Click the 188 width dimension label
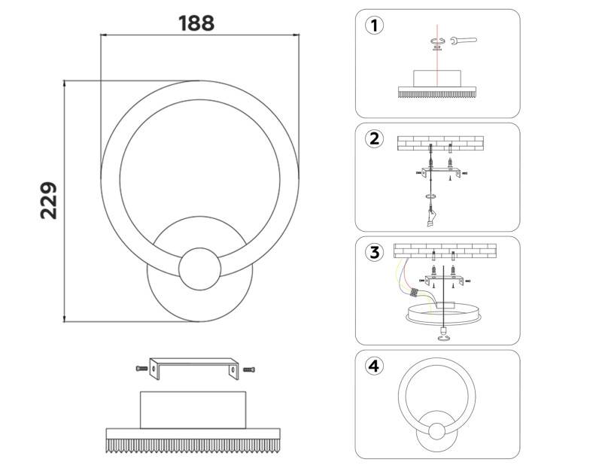pos(196,23)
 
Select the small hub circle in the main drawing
pos(200,268)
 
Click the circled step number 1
pos(374,26)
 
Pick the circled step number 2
pos(374,139)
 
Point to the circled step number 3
pos(374,252)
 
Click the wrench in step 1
pos(463,41)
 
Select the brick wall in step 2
pos(439,142)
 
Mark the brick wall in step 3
pos(439,251)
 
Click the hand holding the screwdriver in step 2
pos(430,217)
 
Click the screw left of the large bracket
pos(141,368)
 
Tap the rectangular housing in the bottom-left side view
pos(193,409)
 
